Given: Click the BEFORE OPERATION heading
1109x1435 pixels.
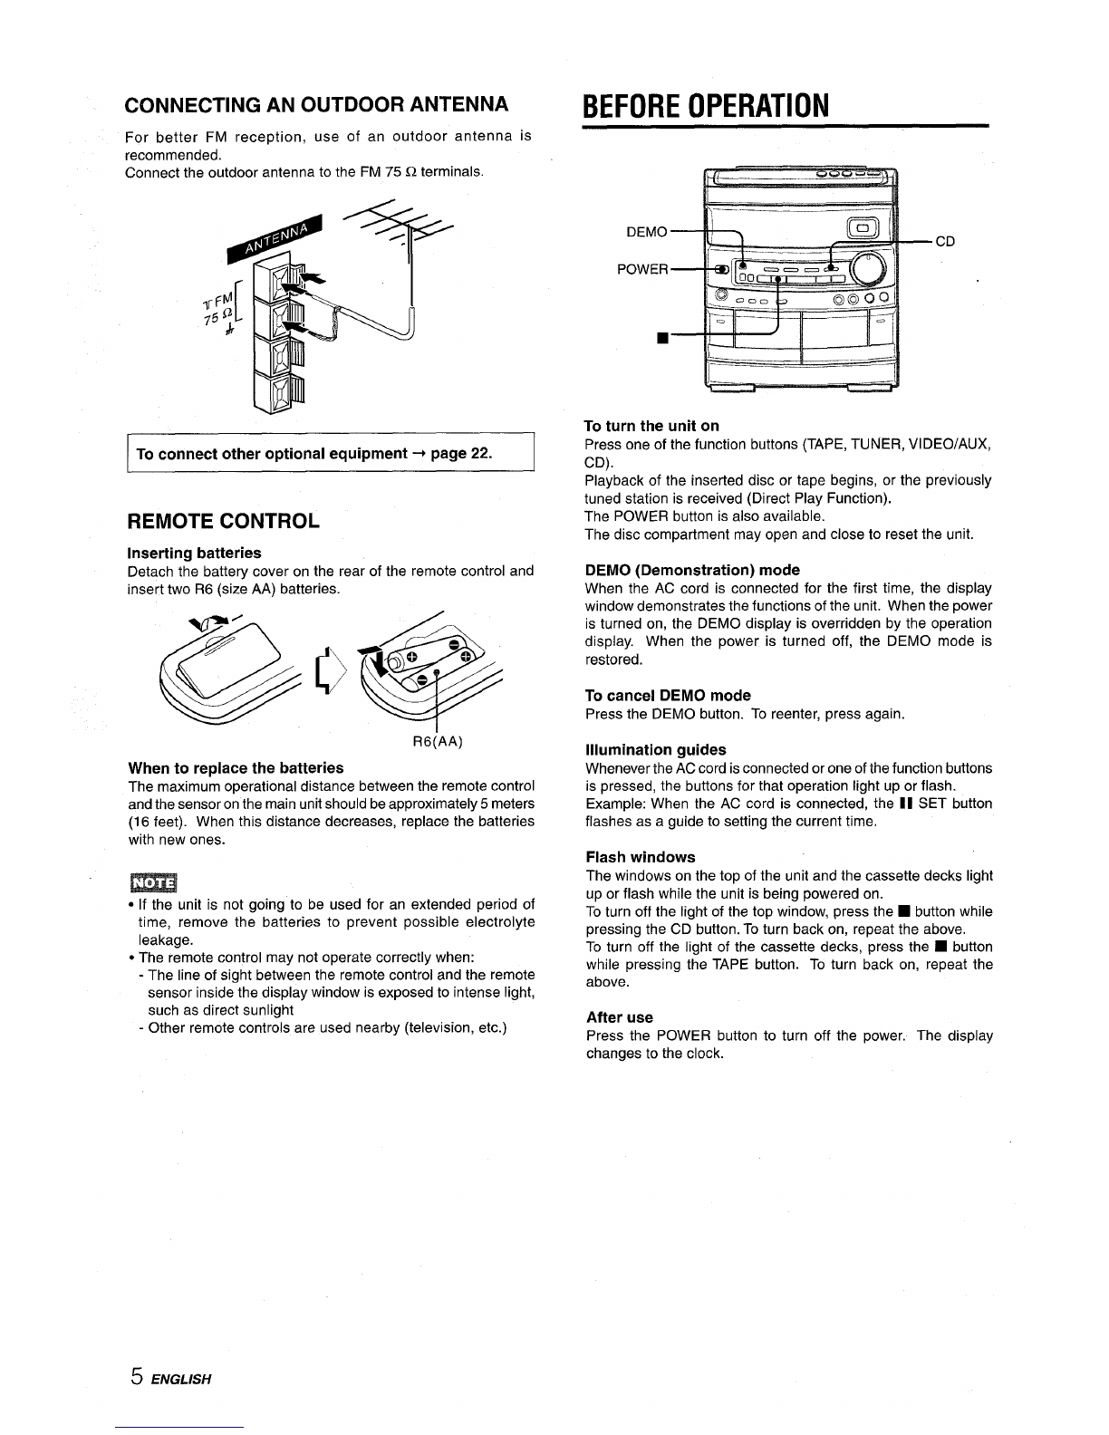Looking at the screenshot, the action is pos(706,106).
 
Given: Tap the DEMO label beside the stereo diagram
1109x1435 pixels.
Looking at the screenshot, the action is pos(647,233).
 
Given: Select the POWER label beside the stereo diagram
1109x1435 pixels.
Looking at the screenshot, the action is pos(642,269).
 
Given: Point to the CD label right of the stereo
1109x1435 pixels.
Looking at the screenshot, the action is pos(945,242).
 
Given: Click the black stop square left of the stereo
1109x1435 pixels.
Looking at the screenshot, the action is pos(662,338).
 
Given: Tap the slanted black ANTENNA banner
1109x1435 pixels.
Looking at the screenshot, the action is pos(275,238).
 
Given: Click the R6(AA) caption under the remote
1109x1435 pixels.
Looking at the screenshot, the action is pos(438,742).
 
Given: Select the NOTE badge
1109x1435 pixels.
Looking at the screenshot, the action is pos(153,883).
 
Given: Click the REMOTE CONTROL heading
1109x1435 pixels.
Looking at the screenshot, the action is pos(223,521).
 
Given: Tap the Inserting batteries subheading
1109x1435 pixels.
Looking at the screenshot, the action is pos(194,553).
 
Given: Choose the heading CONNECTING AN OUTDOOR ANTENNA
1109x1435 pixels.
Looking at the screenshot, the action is pos(316,104).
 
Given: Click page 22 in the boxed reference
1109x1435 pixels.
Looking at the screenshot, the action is pos(462,454).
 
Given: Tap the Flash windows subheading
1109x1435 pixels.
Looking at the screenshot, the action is pos(641,857).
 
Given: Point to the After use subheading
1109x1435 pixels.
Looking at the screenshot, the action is pos(620,1017).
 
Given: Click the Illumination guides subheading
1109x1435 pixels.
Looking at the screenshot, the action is pos(656,750).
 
